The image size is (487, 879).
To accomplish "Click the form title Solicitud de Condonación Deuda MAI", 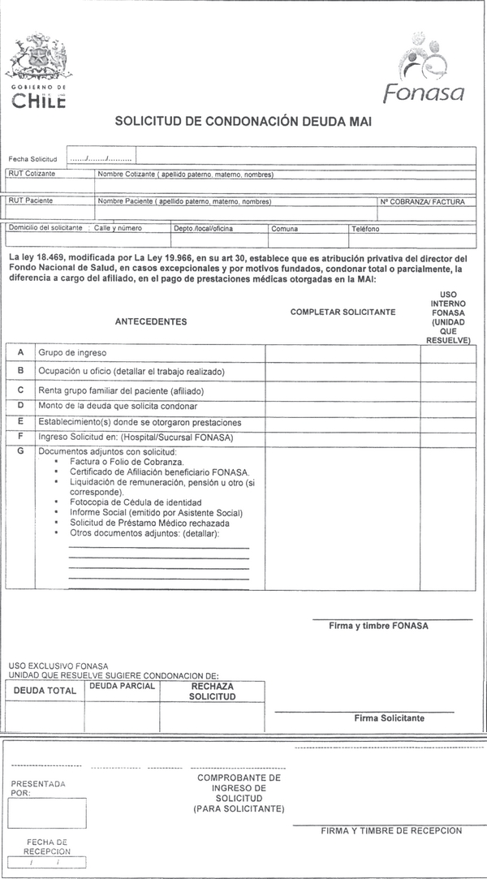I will pyautogui.click(x=243, y=121).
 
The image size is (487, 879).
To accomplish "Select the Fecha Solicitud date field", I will pyautogui.click(x=101, y=157).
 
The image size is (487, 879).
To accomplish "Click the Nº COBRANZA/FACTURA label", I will pyautogui.click(x=422, y=201).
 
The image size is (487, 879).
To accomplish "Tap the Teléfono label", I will pyautogui.click(x=365, y=229).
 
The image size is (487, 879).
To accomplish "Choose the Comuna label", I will pyautogui.click(x=285, y=229).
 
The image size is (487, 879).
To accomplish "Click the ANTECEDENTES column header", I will pyautogui.click(x=151, y=321).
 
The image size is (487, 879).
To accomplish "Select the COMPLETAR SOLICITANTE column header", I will pyautogui.click(x=343, y=312).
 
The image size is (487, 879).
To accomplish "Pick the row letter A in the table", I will pyautogui.click(x=19, y=352).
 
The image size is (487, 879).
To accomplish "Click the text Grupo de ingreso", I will pyautogui.click(x=72, y=353).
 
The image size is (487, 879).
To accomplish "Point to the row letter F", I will pyautogui.click(x=19, y=437).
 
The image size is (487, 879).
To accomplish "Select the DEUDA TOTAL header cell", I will pyautogui.click(x=45, y=691).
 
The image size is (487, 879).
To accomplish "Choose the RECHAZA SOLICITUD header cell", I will pyautogui.click(x=212, y=691).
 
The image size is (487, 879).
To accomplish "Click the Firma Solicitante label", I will pyautogui.click(x=389, y=717).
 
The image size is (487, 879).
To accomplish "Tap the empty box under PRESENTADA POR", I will pyautogui.click(x=47, y=813).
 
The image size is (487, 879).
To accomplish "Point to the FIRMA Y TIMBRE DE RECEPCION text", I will pyautogui.click(x=391, y=830).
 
